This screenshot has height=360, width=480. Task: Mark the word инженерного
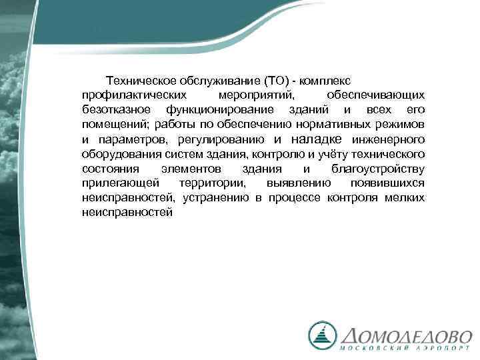pyautogui.click(x=389, y=139)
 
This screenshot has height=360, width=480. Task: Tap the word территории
pyautogui.click(x=212, y=183)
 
